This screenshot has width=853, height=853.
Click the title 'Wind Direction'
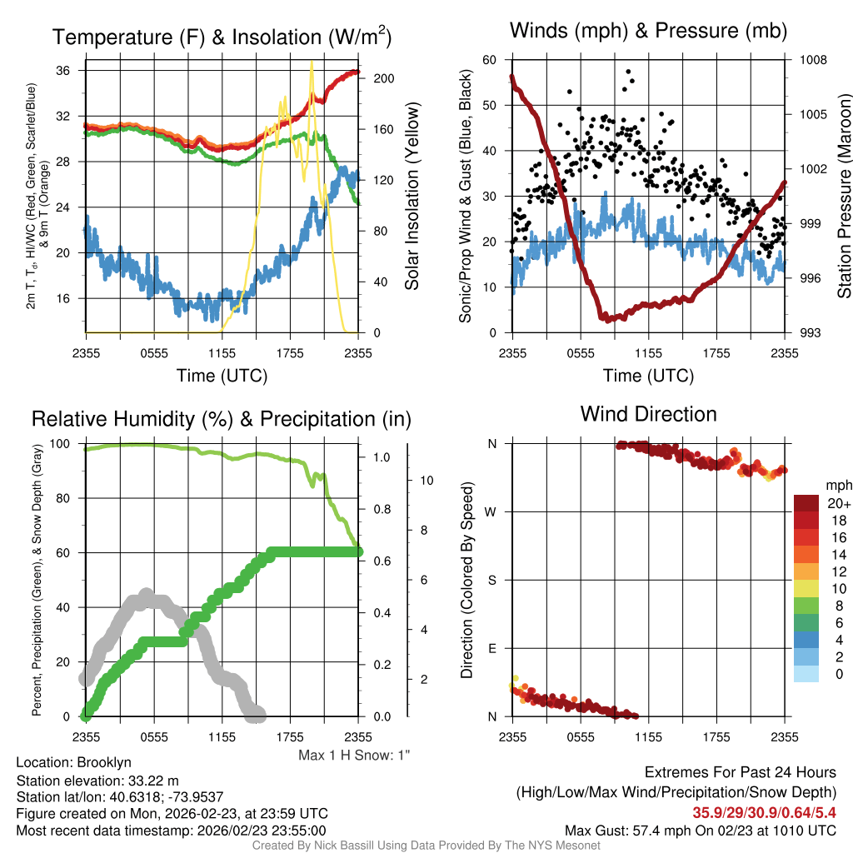(648, 414)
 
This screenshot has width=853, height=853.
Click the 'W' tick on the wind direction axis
(492, 511)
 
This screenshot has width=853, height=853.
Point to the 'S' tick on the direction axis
(492, 580)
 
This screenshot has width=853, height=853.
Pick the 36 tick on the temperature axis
(71, 71)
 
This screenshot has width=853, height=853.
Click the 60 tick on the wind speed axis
(490, 60)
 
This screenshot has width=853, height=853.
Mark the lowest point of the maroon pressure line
(606, 318)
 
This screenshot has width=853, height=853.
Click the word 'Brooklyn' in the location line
(104, 762)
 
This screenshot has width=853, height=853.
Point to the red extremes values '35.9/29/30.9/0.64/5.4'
(765, 812)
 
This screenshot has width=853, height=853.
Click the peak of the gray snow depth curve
(146, 595)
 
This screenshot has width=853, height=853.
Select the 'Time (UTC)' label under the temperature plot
(222, 376)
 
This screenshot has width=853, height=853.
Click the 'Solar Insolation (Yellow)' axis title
(412, 197)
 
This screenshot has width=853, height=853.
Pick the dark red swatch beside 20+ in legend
(807, 503)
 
